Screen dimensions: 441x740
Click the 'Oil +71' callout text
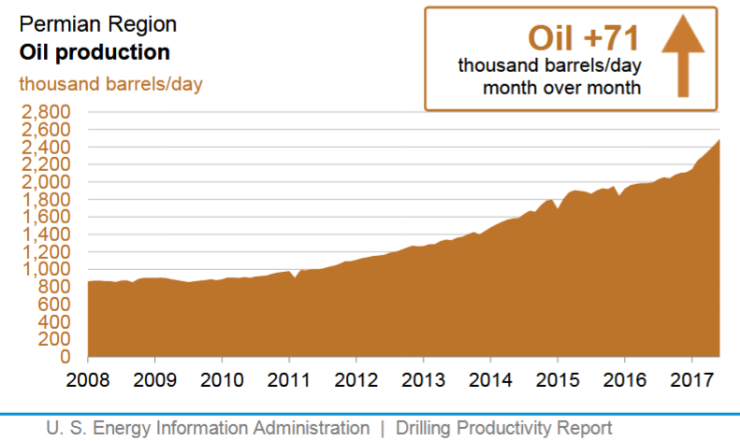(x=584, y=37)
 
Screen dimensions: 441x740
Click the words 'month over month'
(x=561, y=89)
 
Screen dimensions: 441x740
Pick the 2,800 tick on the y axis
(x=47, y=112)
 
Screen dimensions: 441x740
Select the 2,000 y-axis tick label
(x=47, y=182)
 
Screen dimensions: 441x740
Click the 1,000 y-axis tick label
(x=47, y=269)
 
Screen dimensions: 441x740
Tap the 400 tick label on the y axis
(x=54, y=321)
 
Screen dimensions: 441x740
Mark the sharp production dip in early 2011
(x=295, y=277)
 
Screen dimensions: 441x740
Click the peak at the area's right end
(x=718, y=140)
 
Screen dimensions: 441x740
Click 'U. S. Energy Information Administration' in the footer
(x=209, y=428)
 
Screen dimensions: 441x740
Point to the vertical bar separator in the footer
(x=383, y=428)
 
